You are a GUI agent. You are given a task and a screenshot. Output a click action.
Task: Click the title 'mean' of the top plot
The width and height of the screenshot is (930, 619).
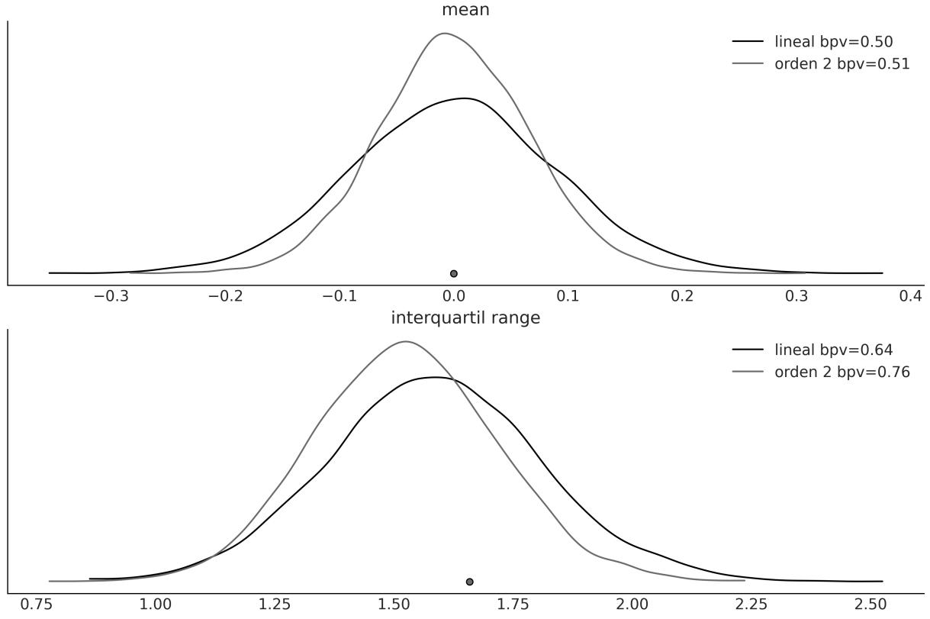click(x=465, y=10)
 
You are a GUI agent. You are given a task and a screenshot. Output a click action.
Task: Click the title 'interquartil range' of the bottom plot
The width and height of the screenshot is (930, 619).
click(x=465, y=318)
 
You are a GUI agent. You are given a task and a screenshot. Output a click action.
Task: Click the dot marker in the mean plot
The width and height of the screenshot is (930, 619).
click(x=454, y=273)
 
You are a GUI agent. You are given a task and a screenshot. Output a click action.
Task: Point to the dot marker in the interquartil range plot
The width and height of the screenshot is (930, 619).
click(x=470, y=582)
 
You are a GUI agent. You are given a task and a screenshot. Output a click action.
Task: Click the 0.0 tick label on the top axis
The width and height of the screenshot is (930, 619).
click(x=454, y=296)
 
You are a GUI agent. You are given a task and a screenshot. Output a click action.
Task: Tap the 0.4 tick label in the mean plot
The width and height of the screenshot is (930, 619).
click(x=911, y=296)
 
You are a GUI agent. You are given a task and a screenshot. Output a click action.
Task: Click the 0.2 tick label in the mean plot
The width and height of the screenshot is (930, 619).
click(x=683, y=296)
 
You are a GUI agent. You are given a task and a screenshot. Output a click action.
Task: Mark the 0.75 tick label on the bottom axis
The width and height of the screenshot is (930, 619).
click(x=37, y=604)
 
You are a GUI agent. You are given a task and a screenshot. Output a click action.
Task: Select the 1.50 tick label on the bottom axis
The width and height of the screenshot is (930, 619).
click(x=394, y=604)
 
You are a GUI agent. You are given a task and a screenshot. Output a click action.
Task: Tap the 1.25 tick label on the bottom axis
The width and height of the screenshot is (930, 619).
click(x=275, y=604)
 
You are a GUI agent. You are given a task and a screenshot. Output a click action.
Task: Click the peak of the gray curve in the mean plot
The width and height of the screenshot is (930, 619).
click(x=444, y=33)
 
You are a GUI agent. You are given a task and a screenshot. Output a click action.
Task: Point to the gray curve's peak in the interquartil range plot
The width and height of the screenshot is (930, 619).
click(x=405, y=341)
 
